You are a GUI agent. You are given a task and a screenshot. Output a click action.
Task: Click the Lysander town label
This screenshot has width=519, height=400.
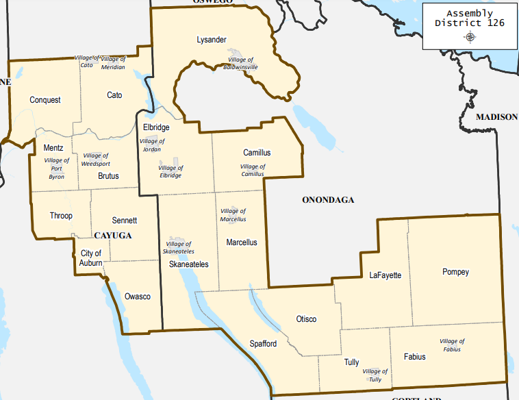[x=211, y=40]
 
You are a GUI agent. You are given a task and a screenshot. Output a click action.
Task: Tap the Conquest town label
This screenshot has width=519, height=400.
[x=45, y=100]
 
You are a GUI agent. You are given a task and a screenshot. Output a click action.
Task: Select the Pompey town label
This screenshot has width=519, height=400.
[x=455, y=272]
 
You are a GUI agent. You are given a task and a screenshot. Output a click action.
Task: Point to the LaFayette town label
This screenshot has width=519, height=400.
[x=385, y=275]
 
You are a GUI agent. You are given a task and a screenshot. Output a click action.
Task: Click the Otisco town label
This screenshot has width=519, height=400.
[x=306, y=319]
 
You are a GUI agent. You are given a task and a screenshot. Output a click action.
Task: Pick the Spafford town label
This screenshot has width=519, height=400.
[x=263, y=344]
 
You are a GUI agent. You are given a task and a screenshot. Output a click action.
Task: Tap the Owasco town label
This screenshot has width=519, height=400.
[x=137, y=297]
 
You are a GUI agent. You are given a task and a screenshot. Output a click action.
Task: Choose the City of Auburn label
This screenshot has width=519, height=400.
[x=90, y=258]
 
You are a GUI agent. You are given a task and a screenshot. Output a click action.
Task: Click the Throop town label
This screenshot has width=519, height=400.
[x=60, y=216]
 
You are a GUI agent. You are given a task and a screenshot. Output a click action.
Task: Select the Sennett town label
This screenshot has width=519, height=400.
[x=125, y=221]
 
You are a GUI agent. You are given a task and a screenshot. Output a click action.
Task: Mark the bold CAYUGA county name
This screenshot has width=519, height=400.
[x=112, y=235]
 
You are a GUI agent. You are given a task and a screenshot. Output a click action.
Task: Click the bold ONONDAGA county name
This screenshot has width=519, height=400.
[x=328, y=200]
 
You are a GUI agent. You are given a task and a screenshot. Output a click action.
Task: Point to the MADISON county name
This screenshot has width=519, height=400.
[x=496, y=117]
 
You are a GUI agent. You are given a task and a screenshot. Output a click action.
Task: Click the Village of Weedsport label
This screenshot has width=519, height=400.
[x=96, y=160]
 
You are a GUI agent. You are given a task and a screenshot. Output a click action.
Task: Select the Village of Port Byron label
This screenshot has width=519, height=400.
[x=56, y=168]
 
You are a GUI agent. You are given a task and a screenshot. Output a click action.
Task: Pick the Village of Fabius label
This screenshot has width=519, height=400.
[x=452, y=345]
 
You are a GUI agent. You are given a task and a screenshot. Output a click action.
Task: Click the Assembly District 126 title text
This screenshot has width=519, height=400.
[x=470, y=18]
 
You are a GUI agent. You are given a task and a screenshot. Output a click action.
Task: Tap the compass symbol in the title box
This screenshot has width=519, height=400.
[x=470, y=37]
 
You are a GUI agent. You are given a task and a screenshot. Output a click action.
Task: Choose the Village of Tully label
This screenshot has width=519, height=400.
[x=375, y=375]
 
